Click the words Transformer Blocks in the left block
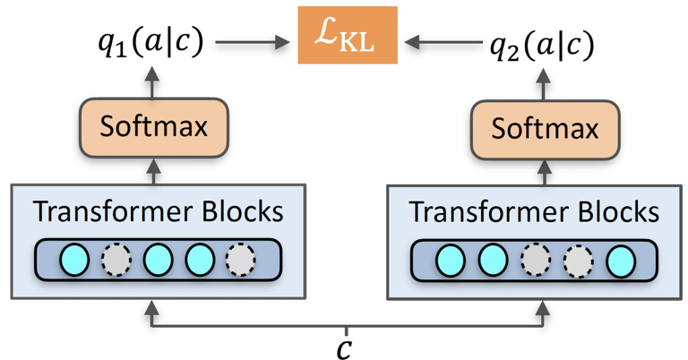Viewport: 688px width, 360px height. [x=158, y=211]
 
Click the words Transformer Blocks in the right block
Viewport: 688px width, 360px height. [x=533, y=212]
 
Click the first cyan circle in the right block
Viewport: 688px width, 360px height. [x=451, y=260]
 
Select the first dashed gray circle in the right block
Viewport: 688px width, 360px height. [x=535, y=260]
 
